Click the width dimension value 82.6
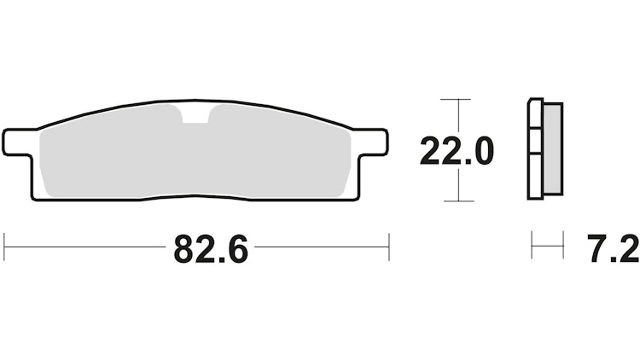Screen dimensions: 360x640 (211, 249)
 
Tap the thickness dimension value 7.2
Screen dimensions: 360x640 (613, 249)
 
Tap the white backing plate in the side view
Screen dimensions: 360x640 (535, 149)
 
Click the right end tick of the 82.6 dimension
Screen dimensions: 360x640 (389, 247)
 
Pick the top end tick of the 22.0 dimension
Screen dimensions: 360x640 (458, 100)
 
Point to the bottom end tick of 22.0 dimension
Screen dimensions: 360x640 (458, 201)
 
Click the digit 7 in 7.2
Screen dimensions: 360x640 (596, 249)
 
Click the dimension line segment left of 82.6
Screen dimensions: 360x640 (85, 247)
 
